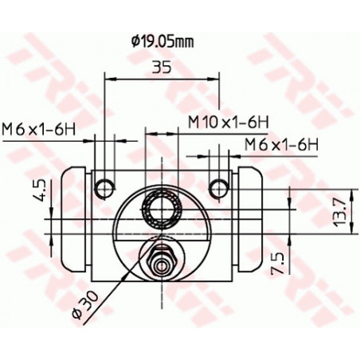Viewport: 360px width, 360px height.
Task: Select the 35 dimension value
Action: (x=162, y=68)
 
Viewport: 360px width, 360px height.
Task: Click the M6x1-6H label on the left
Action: (x=44, y=127)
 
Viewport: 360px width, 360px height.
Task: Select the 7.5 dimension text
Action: (x=276, y=264)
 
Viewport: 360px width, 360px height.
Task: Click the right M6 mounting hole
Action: (x=217, y=187)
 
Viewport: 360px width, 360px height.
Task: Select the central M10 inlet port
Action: (x=162, y=211)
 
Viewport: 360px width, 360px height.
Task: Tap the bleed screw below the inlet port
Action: (x=162, y=259)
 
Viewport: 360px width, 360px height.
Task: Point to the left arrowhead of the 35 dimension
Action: (x=110, y=79)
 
